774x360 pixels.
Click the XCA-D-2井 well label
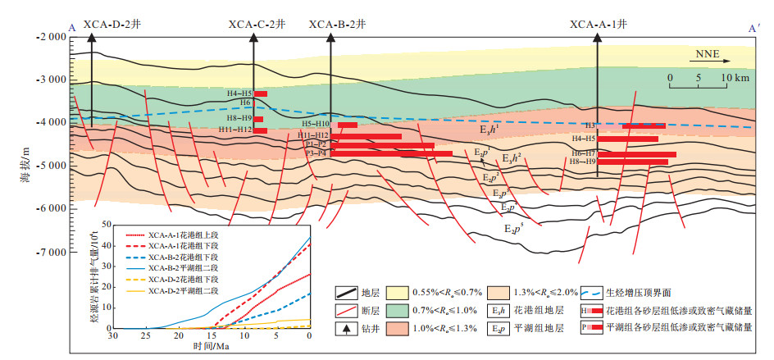click(112, 25)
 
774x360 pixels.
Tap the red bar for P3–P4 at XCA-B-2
click(391, 153)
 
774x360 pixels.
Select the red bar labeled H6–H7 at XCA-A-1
click(642, 154)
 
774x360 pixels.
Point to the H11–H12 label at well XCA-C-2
click(235, 130)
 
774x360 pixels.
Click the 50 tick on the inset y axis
click(106, 224)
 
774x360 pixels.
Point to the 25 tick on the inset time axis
click(146, 336)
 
